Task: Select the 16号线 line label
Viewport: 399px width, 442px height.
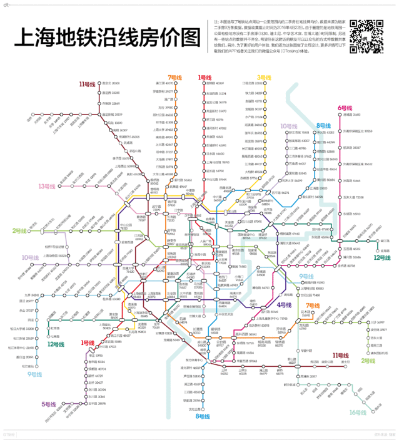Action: click(x=358, y=412)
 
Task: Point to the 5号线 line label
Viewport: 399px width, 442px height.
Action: click(x=50, y=404)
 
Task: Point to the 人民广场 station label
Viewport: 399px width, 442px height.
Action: click(x=206, y=240)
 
